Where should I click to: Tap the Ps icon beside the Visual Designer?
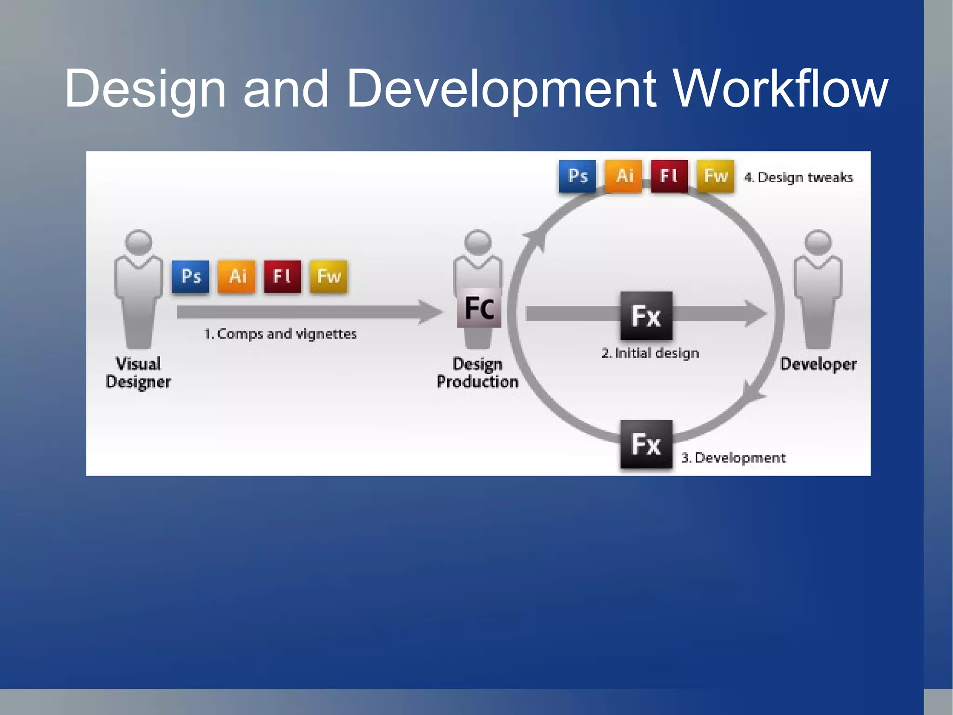190,277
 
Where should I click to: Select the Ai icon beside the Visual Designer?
236,277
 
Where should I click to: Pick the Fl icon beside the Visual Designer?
282,277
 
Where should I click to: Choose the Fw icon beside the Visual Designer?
329,277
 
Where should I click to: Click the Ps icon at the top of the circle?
577,176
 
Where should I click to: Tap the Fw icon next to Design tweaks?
715,176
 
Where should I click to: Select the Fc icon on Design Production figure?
479,308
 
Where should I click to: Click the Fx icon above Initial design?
646,316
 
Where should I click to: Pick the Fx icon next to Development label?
646,444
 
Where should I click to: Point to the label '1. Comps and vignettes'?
280,334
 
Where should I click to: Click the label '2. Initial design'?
650,353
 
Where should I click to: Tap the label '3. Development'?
733,458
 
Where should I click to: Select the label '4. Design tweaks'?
799,177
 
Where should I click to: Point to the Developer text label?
818,364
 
